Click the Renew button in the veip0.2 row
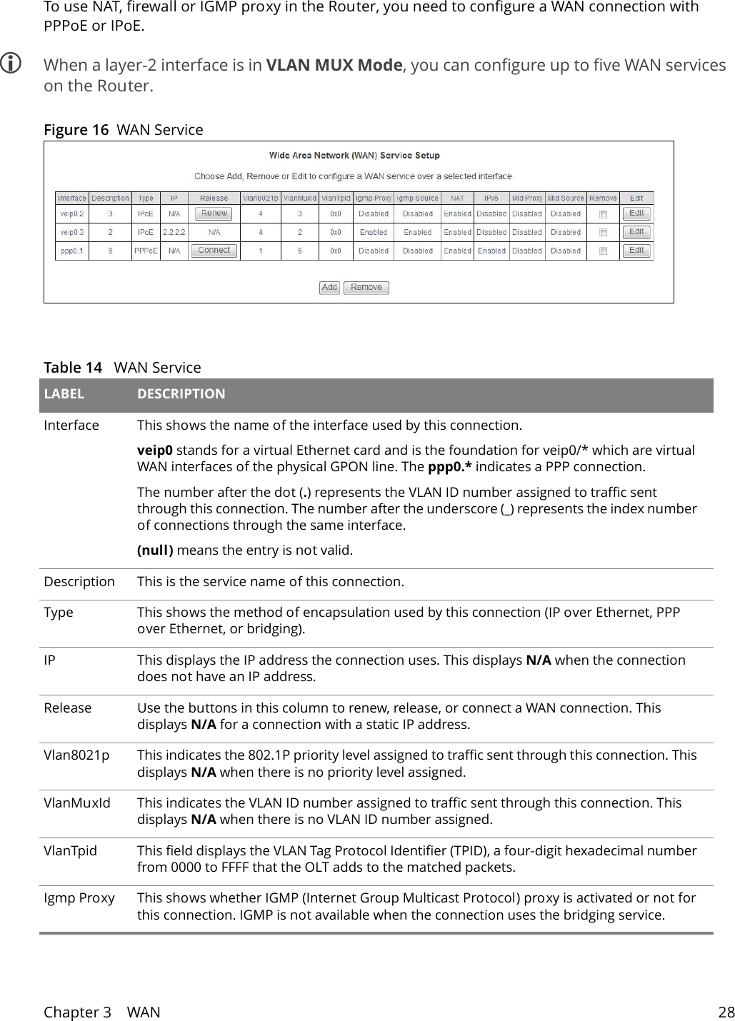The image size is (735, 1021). pos(214,213)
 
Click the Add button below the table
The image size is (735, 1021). pos(329,287)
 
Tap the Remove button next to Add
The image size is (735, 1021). pos(366,287)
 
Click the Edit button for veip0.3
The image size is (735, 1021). pos(636,232)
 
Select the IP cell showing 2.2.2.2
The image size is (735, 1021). pos(174,232)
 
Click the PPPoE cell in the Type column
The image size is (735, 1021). pos(146,251)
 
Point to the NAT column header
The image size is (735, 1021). pos(457,198)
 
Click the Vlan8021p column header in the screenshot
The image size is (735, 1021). pos(260,198)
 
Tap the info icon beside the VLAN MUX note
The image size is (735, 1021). pos(11,66)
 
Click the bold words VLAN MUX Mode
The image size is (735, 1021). pos(334,66)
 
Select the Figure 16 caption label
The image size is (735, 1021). pos(76,130)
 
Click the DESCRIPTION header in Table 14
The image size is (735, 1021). pos(181,394)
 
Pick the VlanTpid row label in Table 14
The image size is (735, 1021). pos(70,850)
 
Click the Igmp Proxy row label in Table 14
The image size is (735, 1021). pos(79,897)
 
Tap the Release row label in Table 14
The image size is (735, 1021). pos(67,708)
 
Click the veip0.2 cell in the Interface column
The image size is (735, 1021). pos(71,213)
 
